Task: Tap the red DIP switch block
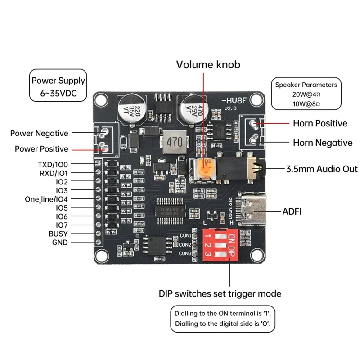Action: pyautogui.click(x=220, y=246)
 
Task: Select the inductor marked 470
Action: pyautogui.click(x=174, y=141)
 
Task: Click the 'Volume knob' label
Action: pyautogui.click(x=208, y=64)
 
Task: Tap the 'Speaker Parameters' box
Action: pyautogui.click(x=306, y=94)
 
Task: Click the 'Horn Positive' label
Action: pyautogui.click(x=320, y=123)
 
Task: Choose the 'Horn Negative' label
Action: pyautogui.click(x=323, y=143)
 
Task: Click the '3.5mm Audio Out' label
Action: pyautogui.click(x=322, y=169)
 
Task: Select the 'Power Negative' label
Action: pyautogui.click(x=39, y=133)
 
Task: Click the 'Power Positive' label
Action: pyautogui.click(x=41, y=148)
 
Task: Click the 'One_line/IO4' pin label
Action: pyautogui.click(x=46, y=199)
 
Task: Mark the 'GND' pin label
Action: pyautogui.click(x=59, y=243)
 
